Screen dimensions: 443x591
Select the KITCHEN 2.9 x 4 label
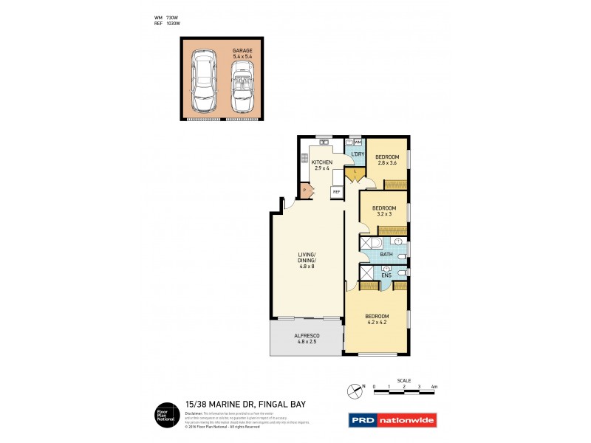[322, 165]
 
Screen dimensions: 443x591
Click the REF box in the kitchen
[336, 192]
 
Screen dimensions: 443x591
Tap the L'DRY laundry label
[358, 154]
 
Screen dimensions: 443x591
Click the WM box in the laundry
[358, 142]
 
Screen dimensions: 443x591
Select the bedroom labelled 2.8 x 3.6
[387, 160]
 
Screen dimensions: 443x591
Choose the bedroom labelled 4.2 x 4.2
[378, 319]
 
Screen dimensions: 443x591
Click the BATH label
[386, 255]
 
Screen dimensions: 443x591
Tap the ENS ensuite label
[386, 277]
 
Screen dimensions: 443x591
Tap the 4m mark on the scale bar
[434, 386]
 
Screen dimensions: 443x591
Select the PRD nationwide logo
[392, 420]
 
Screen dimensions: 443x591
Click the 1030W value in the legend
[173, 24]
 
